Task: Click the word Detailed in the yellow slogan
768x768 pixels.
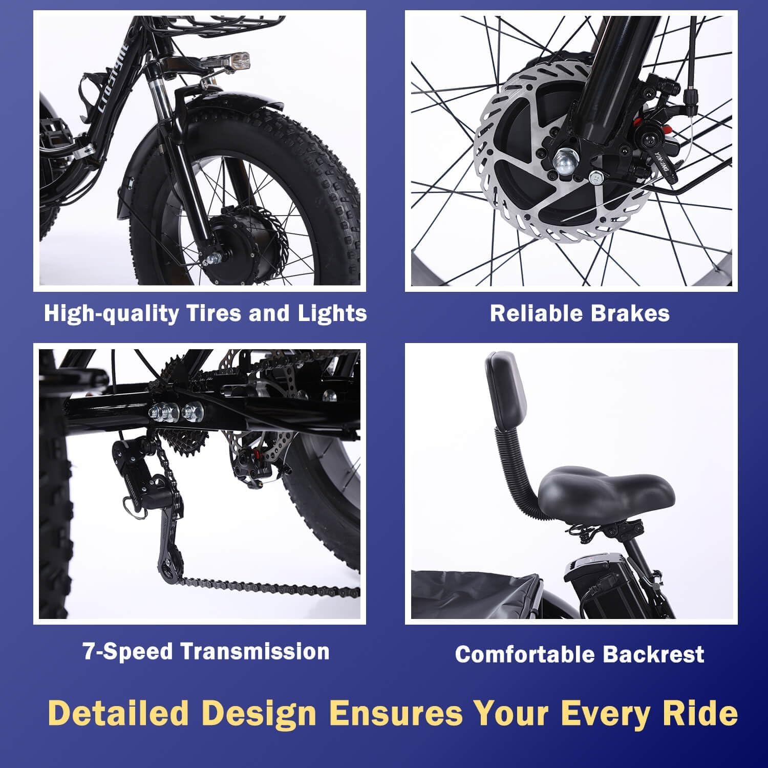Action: (119, 713)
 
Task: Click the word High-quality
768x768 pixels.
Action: (111, 313)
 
